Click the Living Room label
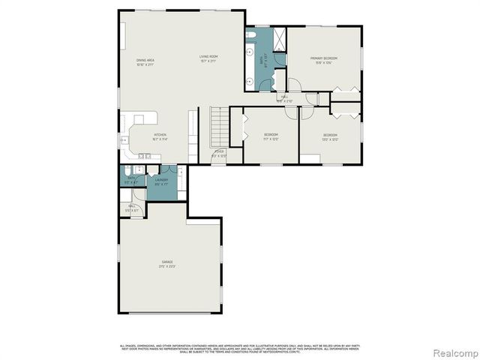click(208, 57)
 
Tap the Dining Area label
click(145, 60)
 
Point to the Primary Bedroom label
click(324, 58)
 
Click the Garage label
click(166, 262)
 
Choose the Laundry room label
click(160, 180)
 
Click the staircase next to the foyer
click(217, 127)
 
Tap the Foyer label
click(219, 151)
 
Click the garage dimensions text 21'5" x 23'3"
click(166, 266)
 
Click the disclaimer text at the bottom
click(239, 348)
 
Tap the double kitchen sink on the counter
click(143, 155)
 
